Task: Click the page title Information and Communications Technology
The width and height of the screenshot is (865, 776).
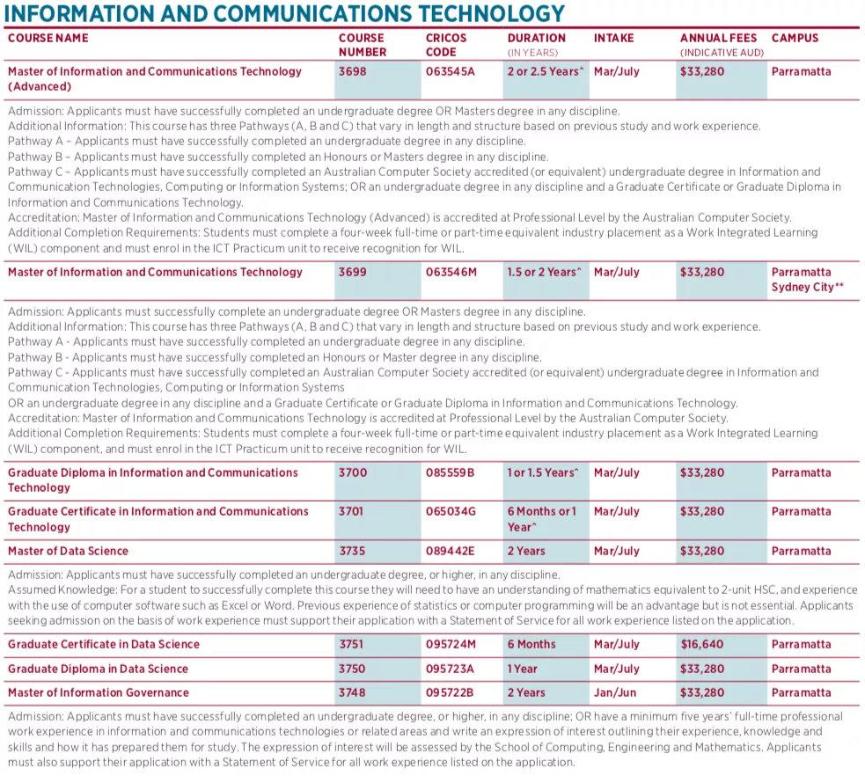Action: coord(284,14)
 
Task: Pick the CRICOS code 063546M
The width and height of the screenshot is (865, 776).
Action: coord(451,272)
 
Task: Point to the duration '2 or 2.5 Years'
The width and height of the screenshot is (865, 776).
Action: coord(545,71)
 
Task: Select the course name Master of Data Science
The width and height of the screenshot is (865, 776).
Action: coord(68,551)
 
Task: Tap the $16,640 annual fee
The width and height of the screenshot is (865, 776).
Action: coord(702,644)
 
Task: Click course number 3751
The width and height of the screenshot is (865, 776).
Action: coord(351,644)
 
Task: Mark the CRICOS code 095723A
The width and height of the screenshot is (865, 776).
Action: coord(450,669)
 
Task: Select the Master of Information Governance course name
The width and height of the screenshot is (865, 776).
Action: coord(99,692)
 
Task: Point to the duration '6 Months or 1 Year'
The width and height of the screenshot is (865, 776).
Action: coord(542,519)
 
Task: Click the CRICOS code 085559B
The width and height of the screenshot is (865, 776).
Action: coord(450,472)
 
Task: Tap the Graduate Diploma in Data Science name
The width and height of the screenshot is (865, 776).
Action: coord(98,669)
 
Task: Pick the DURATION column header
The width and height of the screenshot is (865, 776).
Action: coord(536,39)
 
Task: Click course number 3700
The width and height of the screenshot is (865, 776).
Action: coord(351,472)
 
